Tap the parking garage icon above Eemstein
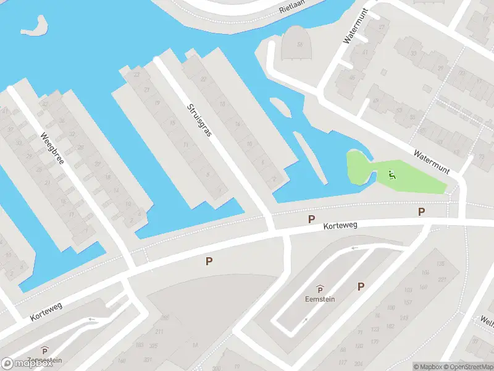pos(320,288)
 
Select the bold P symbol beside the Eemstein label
pos(361,286)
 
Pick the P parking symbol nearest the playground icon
pos(421,212)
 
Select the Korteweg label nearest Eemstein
pos(340,227)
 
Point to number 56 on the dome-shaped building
pos(300,44)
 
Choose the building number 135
pos(440,264)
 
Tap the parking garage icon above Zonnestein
pos(44,350)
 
